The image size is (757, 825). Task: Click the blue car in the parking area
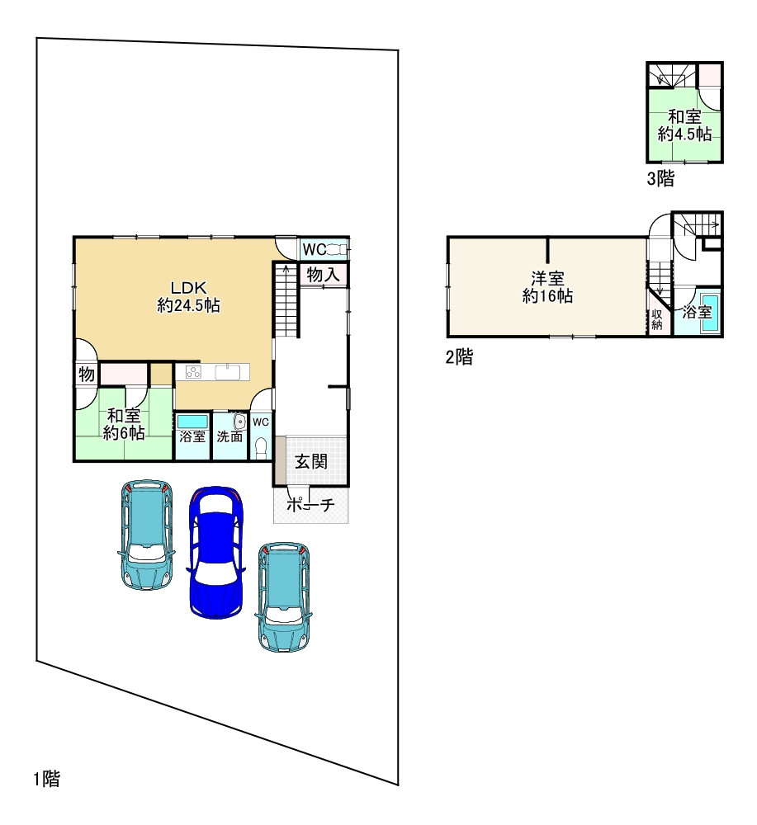coord(216,552)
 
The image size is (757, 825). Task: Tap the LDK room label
coord(188,287)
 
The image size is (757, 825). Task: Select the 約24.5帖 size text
coord(188,305)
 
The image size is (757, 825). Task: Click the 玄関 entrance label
coord(311,461)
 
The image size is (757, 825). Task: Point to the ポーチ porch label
coord(310,505)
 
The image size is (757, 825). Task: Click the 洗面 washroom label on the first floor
coord(229,436)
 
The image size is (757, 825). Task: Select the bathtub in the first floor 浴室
coord(192,422)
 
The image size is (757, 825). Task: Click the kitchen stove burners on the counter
coord(193,371)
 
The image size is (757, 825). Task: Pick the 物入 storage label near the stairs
coord(323,274)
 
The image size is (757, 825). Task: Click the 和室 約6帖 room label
coord(124,424)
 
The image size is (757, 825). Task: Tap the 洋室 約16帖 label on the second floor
coord(547,287)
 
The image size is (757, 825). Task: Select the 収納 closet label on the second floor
coord(656,318)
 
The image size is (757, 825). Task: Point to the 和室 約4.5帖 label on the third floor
coord(684,125)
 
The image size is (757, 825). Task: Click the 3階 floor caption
coord(660,179)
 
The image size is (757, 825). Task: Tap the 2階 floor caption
coord(459,356)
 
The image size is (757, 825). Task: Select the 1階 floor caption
coord(47,778)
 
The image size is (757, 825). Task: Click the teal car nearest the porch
coord(283,597)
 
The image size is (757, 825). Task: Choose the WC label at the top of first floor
coord(315,249)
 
